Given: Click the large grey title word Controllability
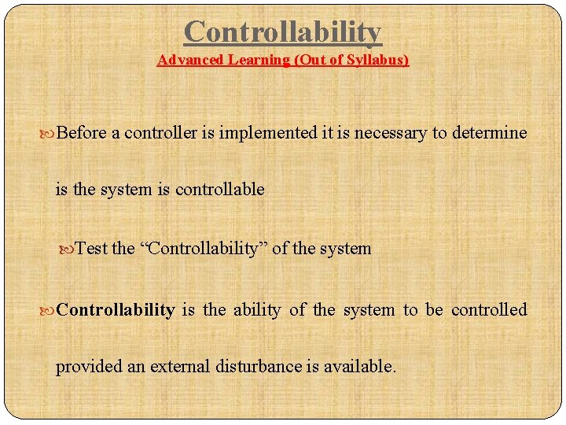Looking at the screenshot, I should click(x=282, y=32).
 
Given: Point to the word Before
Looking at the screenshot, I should click(x=83, y=133).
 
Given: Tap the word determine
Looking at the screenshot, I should click(x=489, y=133).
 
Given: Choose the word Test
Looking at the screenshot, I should click(x=92, y=249).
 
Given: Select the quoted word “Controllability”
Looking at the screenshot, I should click(x=203, y=249).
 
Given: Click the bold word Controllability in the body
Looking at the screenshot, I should click(x=116, y=310).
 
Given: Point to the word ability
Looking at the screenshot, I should click(x=256, y=310).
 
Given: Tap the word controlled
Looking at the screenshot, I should click(x=489, y=310).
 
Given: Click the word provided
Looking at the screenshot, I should click(x=86, y=367).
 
